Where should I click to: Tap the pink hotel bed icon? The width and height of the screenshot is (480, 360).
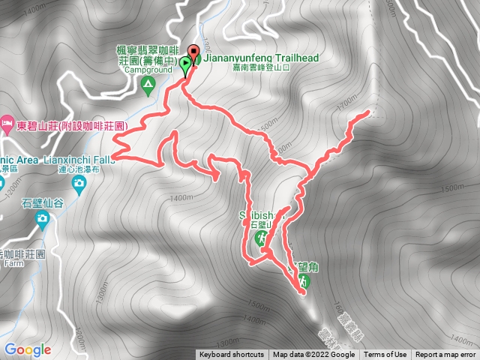tap(7, 122)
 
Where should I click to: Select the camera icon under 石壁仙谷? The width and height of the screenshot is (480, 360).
tap(42, 218)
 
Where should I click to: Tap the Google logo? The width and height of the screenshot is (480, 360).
tap(27, 349)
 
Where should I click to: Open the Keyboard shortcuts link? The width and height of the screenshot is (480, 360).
tap(231, 355)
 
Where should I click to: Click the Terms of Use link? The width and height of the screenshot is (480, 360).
tap(385, 355)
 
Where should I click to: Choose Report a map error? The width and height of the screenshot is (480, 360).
tap(445, 355)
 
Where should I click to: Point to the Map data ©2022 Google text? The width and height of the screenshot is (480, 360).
tap(313, 355)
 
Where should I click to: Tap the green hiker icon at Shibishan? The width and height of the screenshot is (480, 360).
tap(262, 238)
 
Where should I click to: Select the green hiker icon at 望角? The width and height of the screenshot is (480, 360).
tap(304, 281)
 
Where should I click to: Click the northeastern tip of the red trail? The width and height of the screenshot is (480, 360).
tap(368, 112)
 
